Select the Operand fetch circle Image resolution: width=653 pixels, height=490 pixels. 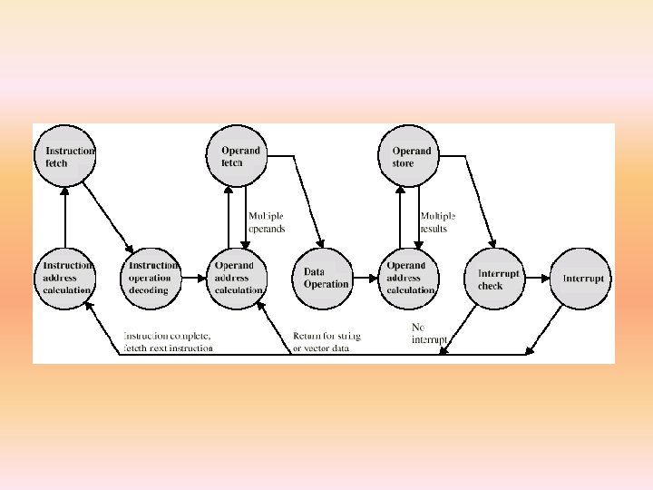pos(240,157)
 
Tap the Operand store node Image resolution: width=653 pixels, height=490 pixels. pos(411,157)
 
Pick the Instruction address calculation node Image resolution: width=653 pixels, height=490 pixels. pos(65,278)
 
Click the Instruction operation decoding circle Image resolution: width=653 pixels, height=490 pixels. pos(151,278)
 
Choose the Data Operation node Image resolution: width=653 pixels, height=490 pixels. pos(325,278)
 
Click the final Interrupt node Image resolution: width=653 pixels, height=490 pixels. pos(582,279)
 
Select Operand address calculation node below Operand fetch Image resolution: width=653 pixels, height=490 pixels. pos(239,278)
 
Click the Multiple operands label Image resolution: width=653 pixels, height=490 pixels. pos(267,222)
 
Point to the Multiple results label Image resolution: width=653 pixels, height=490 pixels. pos(437,222)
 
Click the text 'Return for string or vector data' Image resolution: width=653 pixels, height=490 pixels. pos(326,342)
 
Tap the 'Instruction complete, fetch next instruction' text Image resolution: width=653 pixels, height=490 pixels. pos(169,342)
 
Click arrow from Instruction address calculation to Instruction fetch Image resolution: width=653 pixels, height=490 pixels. pos(65,218)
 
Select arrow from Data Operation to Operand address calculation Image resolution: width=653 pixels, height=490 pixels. pos(367,279)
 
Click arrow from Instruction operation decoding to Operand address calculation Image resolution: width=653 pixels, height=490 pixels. pos(195,279)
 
